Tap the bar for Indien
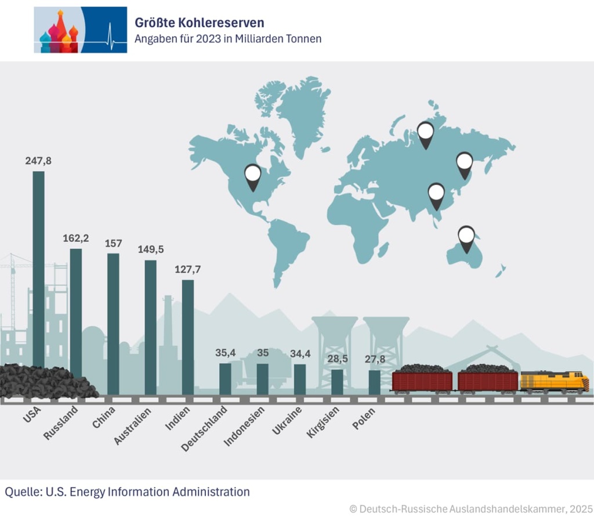(x=188, y=336)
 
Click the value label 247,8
(x=38, y=161)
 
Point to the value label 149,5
(x=151, y=249)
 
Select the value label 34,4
(x=300, y=353)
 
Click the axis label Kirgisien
(x=324, y=423)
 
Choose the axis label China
(x=104, y=418)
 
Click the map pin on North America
(x=253, y=176)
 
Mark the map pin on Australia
(x=466, y=238)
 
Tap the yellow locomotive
(x=554, y=382)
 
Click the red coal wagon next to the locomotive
(x=488, y=381)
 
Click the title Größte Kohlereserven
(x=200, y=23)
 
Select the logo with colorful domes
(x=80, y=30)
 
